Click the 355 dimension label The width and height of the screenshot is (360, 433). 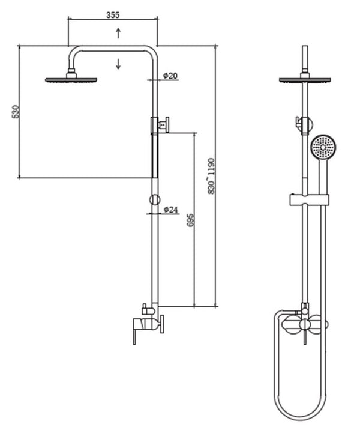tap(112, 14)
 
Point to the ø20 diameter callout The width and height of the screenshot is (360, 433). tap(170, 76)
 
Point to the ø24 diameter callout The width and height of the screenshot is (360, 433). tap(171, 210)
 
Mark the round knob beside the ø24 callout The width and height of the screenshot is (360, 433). tap(154, 199)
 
